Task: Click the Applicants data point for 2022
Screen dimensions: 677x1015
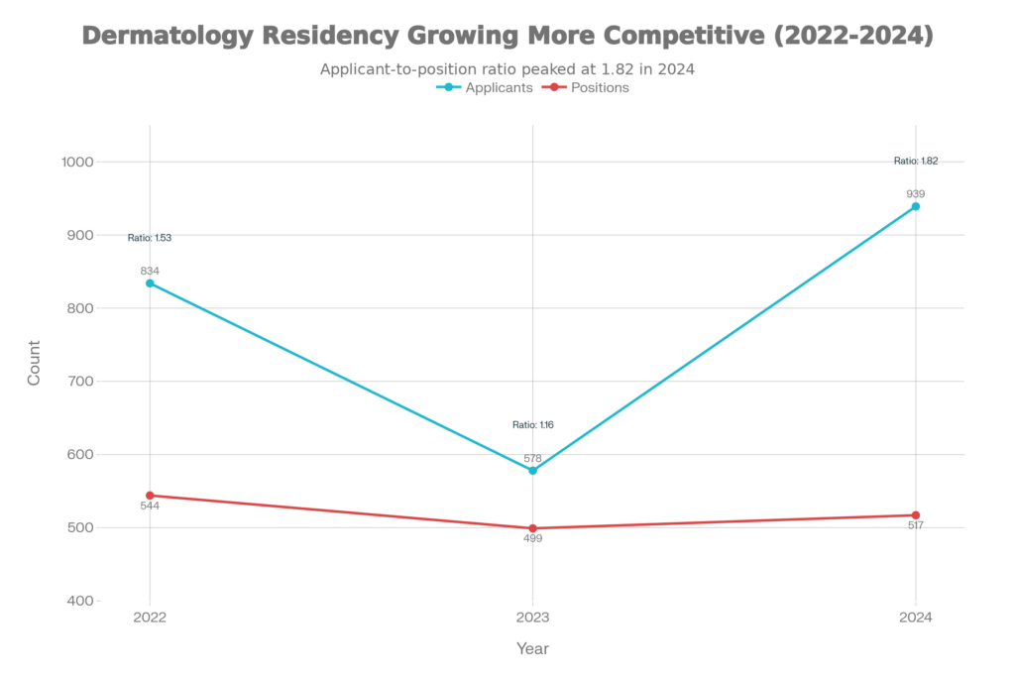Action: (x=150, y=283)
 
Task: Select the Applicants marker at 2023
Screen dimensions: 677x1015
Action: (x=533, y=471)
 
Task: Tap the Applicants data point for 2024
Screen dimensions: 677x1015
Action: (x=916, y=206)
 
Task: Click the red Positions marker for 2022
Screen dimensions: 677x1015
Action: (x=150, y=496)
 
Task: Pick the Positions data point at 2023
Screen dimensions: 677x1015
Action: (x=533, y=528)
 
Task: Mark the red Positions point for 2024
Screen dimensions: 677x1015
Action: (x=916, y=515)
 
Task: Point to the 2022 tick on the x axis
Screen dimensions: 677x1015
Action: (x=150, y=616)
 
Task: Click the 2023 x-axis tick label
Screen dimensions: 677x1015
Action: (x=533, y=616)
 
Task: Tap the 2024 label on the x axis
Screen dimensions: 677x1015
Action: (x=916, y=616)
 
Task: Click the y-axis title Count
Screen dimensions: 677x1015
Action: (x=34, y=363)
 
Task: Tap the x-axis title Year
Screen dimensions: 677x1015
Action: (x=532, y=648)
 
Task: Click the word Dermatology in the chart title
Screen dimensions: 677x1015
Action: (x=159, y=37)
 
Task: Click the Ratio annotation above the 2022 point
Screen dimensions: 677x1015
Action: (x=150, y=238)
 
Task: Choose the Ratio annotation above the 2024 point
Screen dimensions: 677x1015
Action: (x=916, y=160)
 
